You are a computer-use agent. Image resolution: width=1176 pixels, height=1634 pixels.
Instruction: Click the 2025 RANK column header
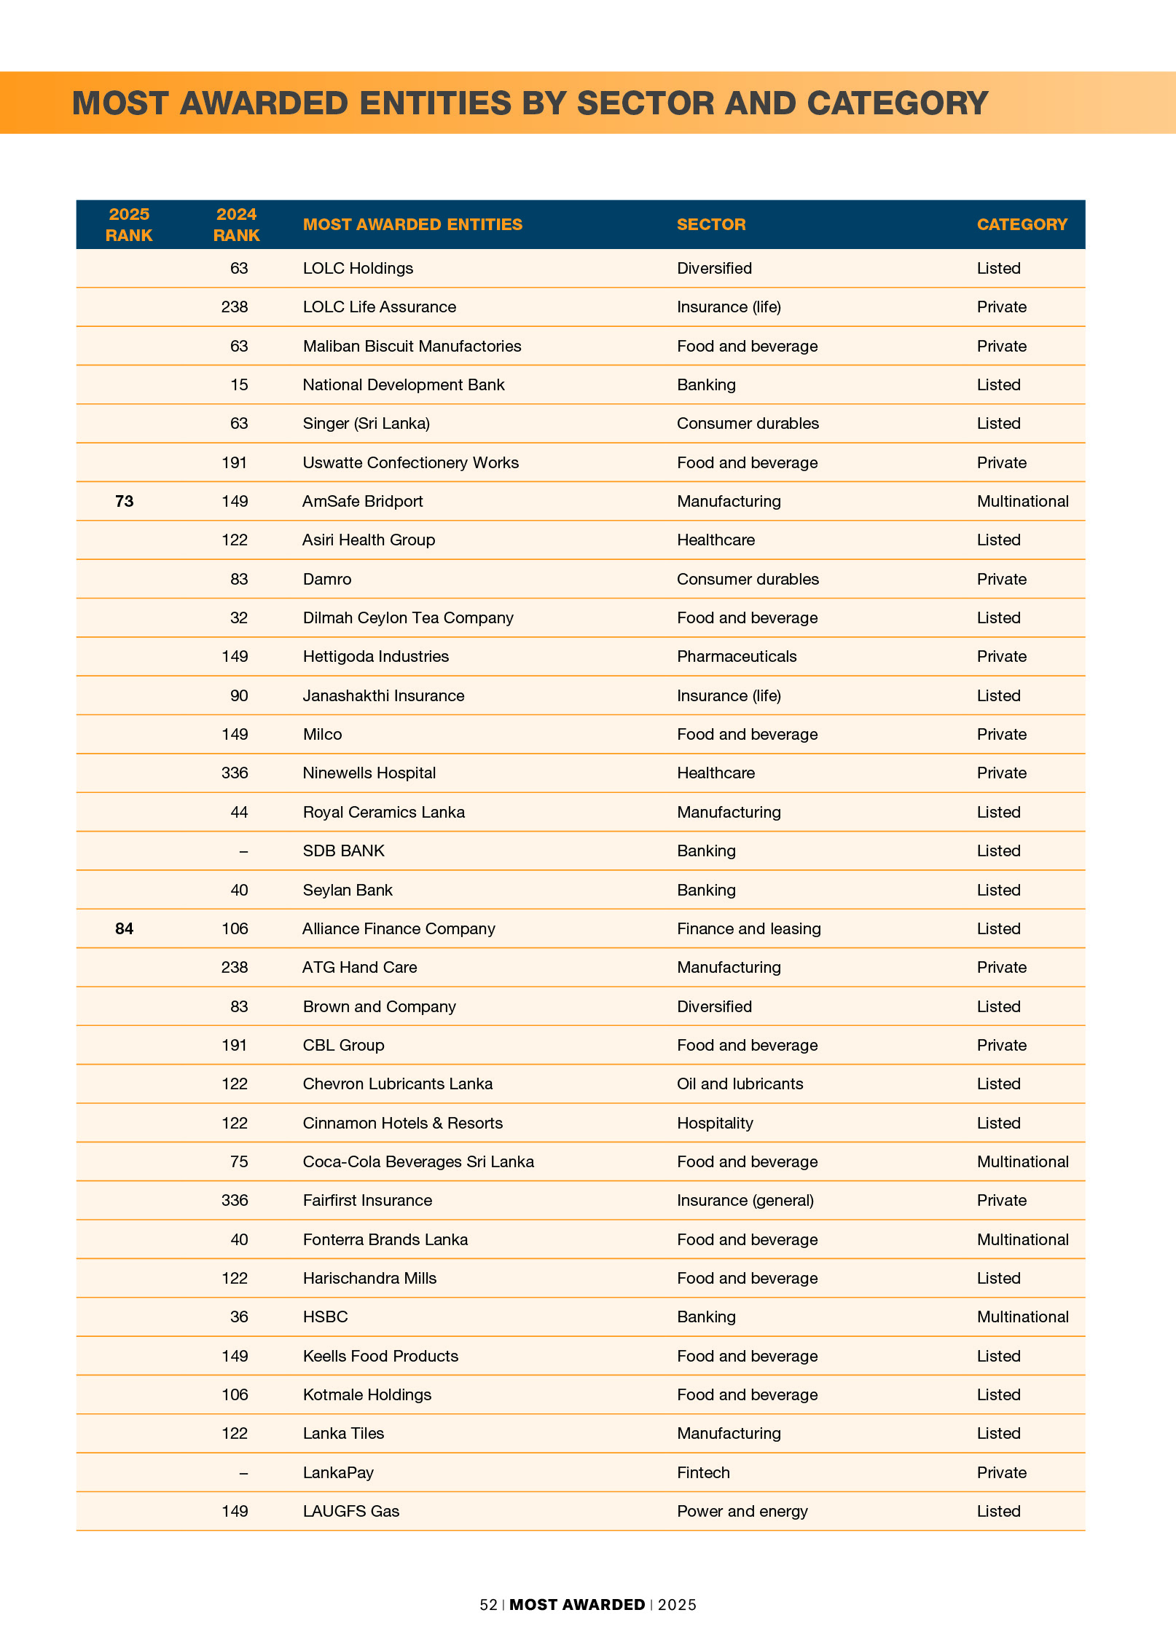129,224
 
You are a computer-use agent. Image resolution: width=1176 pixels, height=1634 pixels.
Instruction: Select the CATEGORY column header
1022,224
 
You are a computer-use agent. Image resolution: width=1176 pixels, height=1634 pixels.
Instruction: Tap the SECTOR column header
711,224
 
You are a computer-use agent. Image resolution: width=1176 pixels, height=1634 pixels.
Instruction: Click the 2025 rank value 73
125,501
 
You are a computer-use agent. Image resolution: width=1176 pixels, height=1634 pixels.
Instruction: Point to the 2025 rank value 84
125,928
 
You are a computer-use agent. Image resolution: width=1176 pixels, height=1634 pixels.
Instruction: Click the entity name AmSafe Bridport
363,501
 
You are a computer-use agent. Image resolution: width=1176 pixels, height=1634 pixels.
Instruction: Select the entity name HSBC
325,1317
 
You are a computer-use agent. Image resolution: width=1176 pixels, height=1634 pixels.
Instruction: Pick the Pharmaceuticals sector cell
737,656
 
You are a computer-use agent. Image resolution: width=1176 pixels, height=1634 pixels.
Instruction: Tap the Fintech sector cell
703,1472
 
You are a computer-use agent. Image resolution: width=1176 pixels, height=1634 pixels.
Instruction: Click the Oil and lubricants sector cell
740,1084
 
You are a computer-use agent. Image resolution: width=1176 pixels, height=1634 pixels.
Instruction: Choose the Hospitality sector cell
715,1123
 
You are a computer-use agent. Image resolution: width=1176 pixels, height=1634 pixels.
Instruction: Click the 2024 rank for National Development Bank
239,384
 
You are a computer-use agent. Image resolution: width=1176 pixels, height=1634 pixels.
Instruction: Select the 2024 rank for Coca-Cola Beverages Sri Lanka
239,1161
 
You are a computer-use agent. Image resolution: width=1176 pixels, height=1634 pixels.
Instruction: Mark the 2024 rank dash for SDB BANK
243,850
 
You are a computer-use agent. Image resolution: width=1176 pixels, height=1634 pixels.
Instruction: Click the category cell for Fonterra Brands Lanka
1022,1239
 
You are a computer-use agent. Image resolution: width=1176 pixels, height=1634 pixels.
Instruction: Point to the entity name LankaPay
338,1472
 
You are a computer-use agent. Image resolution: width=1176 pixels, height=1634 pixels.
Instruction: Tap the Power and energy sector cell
742,1511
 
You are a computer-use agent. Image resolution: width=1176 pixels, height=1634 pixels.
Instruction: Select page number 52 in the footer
488,1605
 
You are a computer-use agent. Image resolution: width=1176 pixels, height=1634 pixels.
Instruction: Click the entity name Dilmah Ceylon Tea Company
408,617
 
